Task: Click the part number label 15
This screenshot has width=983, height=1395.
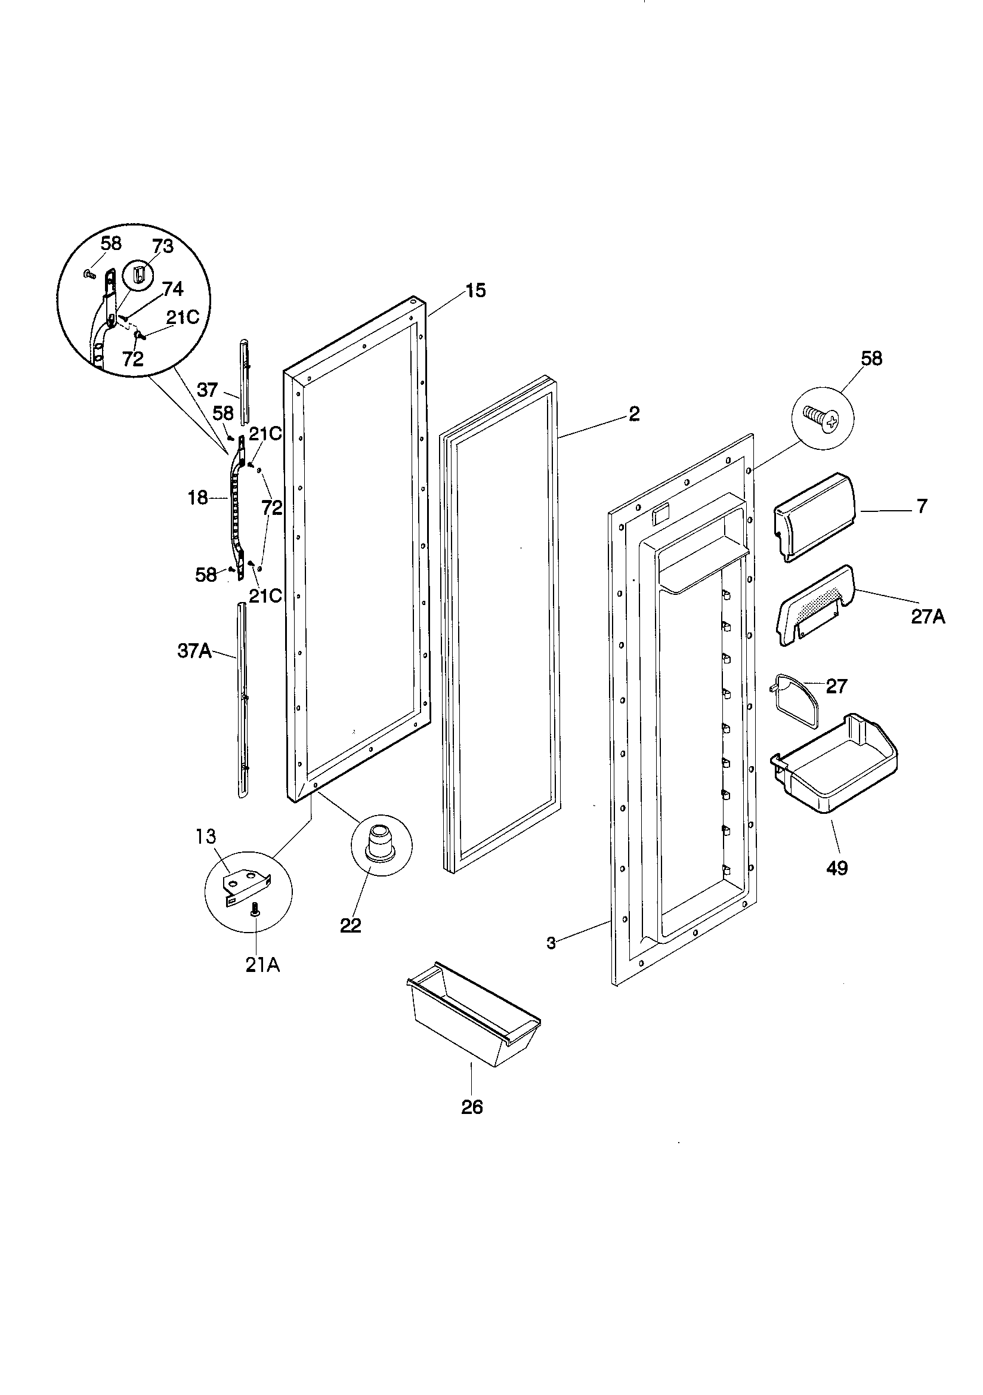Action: (x=476, y=291)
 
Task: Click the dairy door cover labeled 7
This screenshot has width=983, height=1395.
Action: (x=815, y=516)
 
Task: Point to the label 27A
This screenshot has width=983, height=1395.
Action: (x=928, y=617)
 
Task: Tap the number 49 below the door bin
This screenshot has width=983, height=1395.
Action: (x=837, y=868)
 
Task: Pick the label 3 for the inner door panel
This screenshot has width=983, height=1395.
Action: (x=551, y=943)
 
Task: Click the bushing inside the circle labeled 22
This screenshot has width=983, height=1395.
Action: (x=381, y=842)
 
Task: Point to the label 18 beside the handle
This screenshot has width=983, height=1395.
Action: (x=198, y=498)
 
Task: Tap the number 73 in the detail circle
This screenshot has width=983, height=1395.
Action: (x=163, y=246)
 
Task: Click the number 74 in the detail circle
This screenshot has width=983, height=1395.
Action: (x=172, y=288)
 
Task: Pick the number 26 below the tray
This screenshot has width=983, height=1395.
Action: (x=472, y=1107)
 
